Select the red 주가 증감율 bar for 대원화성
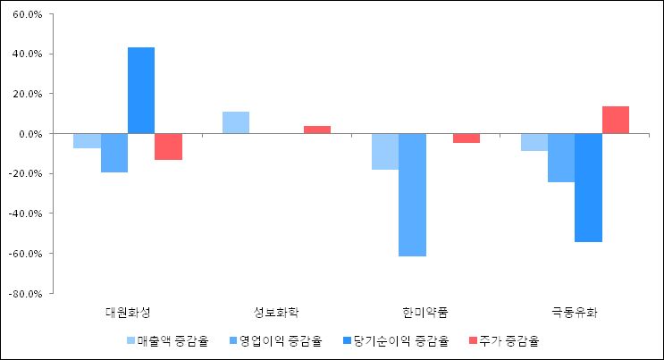pos(168,147)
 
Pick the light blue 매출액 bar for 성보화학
pos(236,122)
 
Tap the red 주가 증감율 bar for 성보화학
pos(316,130)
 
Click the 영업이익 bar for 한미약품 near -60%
pos(412,195)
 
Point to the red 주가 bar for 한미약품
pos(466,138)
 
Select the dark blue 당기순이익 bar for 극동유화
pos(588,188)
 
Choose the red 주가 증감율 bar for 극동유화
pos(615,120)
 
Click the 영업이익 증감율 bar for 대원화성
pos(114,153)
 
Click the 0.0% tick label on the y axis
pos(30,133)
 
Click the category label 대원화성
pos(128,313)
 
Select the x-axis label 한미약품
pos(425,313)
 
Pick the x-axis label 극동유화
pos(575,313)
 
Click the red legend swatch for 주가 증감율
pos(472,340)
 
